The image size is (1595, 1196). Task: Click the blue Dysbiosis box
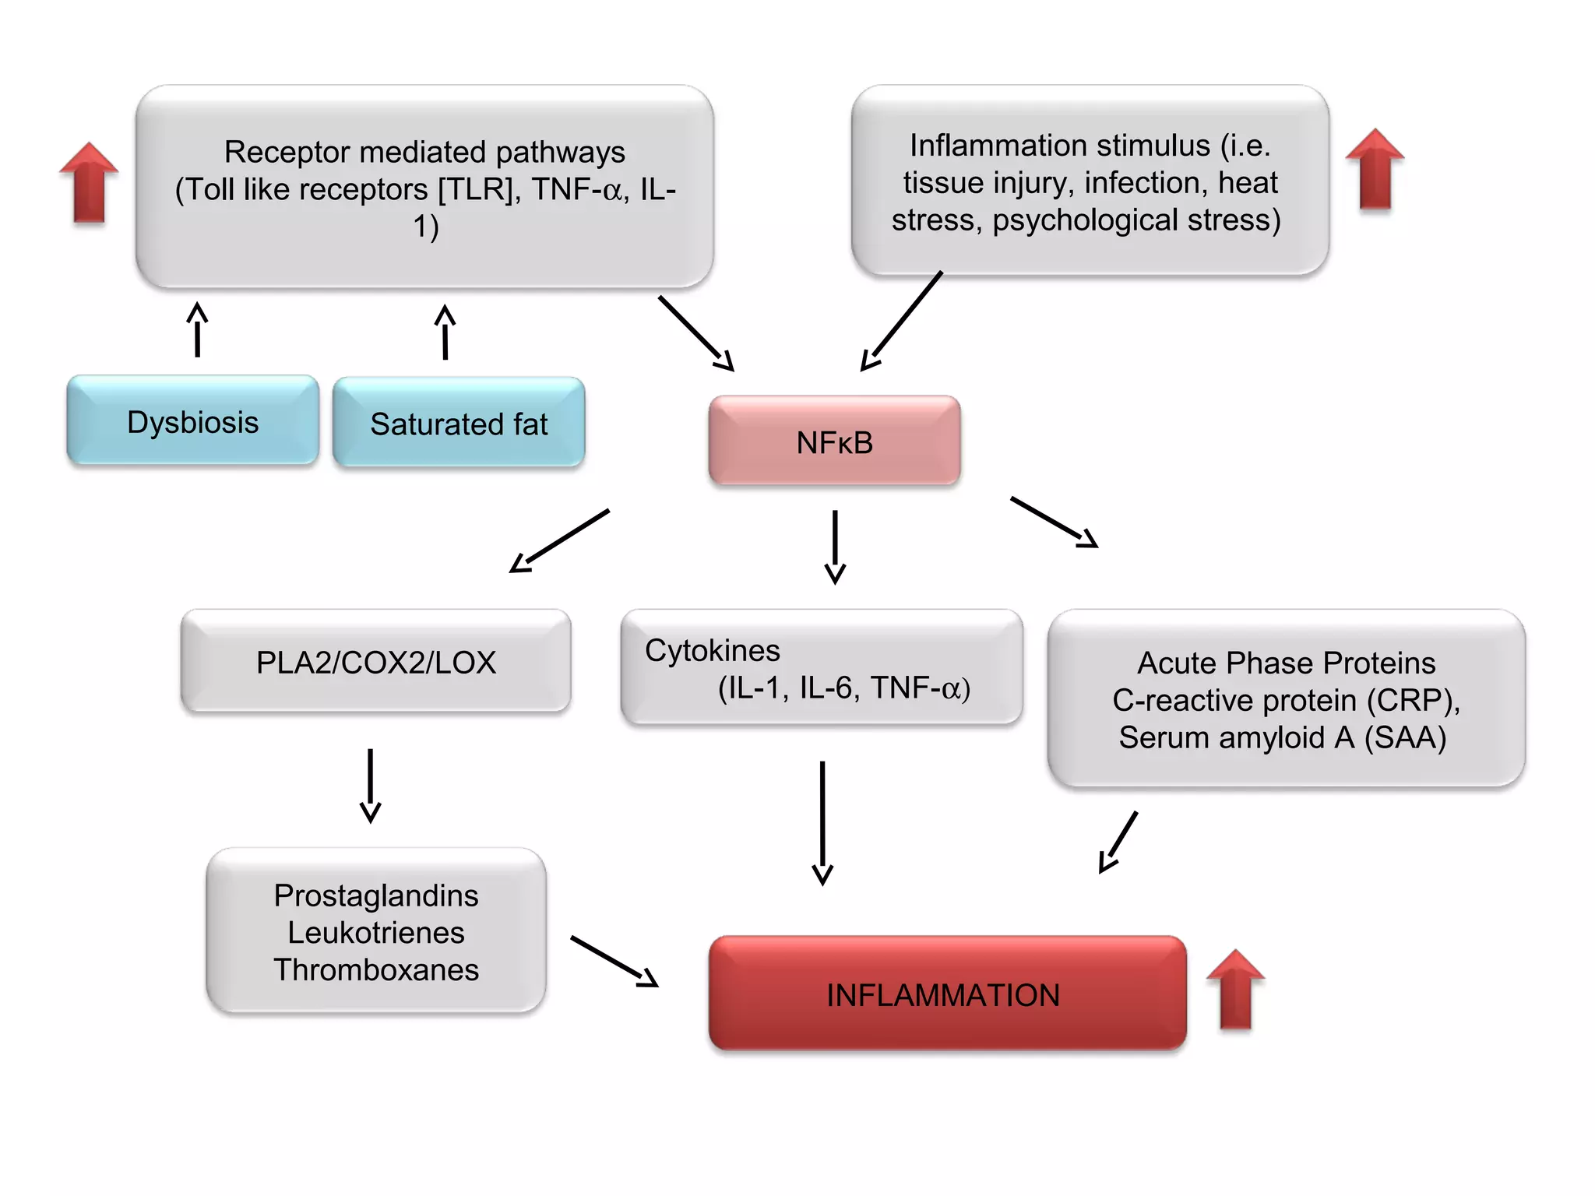[192, 421]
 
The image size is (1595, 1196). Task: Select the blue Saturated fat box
[459, 423]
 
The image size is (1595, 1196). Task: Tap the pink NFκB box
[834, 441]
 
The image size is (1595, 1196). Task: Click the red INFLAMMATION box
[946, 994]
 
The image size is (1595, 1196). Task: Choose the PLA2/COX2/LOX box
[375, 662]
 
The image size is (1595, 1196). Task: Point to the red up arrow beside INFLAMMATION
[1235, 989]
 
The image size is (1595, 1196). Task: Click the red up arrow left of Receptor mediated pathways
[89, 182]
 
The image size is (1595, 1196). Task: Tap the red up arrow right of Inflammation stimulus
[1375, 169]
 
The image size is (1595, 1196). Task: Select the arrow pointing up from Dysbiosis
[198, 329]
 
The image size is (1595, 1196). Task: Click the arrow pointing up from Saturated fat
[445, 332]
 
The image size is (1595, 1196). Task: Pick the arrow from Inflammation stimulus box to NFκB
[902, 322]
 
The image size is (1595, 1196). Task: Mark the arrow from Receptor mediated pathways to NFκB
[695, 332]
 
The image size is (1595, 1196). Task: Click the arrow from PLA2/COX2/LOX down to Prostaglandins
[370, 785]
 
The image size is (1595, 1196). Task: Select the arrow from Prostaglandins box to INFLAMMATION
[614, 961]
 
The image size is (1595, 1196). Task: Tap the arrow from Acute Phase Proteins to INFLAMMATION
[1118, 842]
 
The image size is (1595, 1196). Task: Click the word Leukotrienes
[375, 932]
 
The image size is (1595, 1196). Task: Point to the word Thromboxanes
[375, 969]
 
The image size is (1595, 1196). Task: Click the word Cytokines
[712, 650]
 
